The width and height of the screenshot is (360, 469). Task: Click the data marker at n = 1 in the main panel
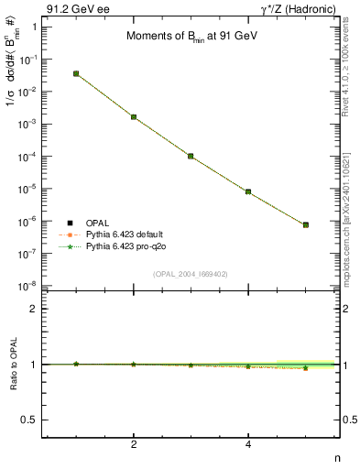coord(76,73)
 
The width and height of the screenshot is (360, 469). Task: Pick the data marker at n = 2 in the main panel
coord(134,117)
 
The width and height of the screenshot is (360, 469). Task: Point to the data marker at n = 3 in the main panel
coord(191,156)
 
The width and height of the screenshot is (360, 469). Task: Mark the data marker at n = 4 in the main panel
coord(248,191)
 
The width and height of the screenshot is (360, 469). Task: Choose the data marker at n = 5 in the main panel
coord(306,224)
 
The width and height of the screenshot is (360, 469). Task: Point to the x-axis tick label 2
coord(134,445)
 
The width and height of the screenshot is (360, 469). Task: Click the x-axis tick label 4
coord(248,445)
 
